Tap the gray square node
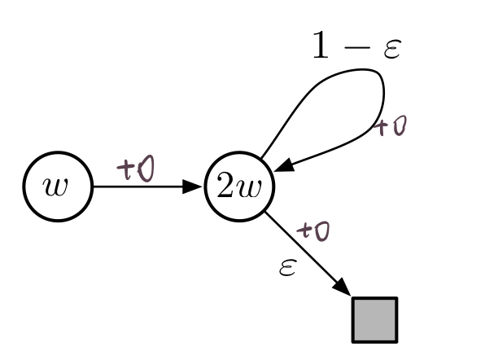pos(374,318)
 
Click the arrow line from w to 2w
pos(146,187)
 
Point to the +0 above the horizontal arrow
pos(138,169)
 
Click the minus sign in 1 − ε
pos(359,48)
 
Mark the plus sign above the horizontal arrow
pos(126,169)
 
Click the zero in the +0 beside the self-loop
pos(400,127)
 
